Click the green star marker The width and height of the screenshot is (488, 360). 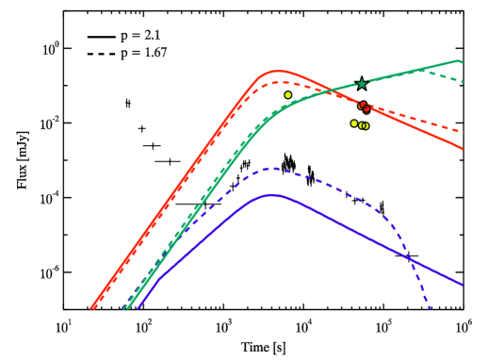[362, 84]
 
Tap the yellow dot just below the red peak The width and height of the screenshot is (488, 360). [288, 95]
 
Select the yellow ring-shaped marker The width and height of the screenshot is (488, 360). [365, 125]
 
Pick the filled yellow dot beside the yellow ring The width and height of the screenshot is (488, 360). [354, 123]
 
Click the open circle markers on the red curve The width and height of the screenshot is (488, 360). [364, 106]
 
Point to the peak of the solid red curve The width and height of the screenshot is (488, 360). [278, 71]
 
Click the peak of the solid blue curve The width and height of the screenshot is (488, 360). [272, 195]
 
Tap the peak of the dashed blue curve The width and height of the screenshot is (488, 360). [272, 169]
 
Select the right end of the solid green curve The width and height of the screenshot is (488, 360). [461, 62]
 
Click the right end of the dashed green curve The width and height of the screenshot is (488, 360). [462, 82]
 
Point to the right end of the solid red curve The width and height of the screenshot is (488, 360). [462, 148]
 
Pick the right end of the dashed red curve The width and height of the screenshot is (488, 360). [462, 132]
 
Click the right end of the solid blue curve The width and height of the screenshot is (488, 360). [462, 284]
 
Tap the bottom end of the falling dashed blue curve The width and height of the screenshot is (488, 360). [430, 308]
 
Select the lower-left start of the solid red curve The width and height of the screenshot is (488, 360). [91, 308]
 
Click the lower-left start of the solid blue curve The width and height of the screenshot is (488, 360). [138, 307]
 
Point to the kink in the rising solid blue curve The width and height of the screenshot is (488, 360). [161, 276]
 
